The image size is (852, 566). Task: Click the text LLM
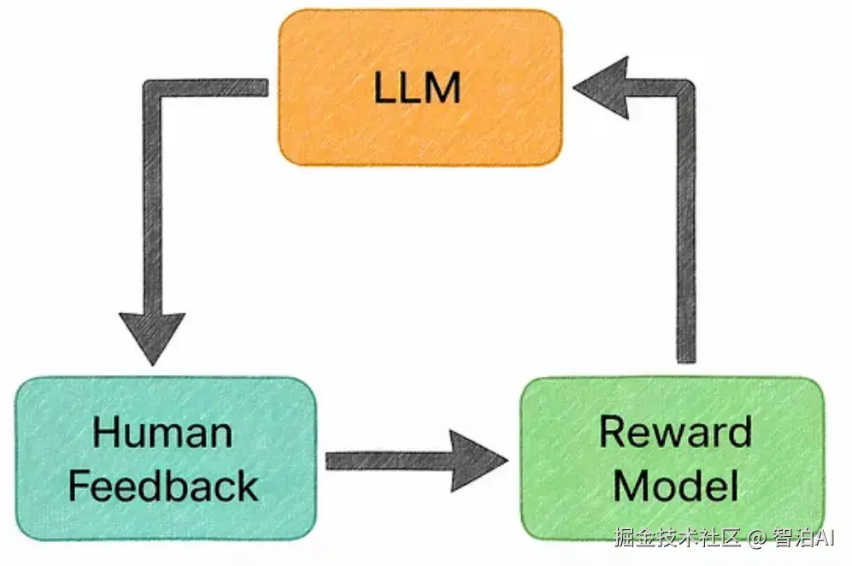pyautogui.click(x=417, y=88)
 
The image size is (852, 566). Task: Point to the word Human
pyautogui.click(x=162, y=432)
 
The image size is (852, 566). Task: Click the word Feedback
pyautogui.click(x=162, y=486)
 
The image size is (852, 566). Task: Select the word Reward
pyautogui.click(x=674, y=432)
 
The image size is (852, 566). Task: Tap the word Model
pyautogui.click(x=675, y=486)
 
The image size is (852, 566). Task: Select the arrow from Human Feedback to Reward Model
pyautogui.click(x=402, y=461)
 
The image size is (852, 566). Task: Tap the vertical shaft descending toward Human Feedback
pyautogui.click(x=153, y=205)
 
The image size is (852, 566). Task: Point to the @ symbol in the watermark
pyautogui.click(x=755, y=539)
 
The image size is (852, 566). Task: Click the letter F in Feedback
pyautogui.click(x=79, y=486)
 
